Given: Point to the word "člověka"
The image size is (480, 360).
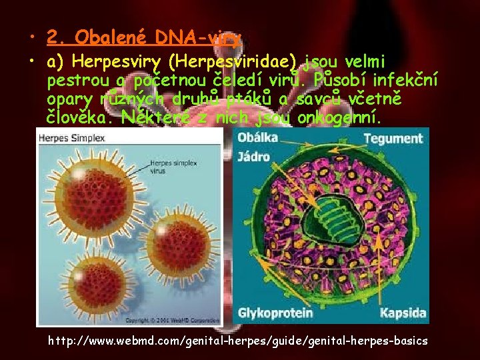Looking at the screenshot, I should coord(73,118).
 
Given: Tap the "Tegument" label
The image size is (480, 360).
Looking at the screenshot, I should coord(393,139).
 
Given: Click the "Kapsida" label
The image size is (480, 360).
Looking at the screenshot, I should coord(403,312).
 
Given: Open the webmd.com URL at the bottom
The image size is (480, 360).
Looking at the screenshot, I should coord(238,341).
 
